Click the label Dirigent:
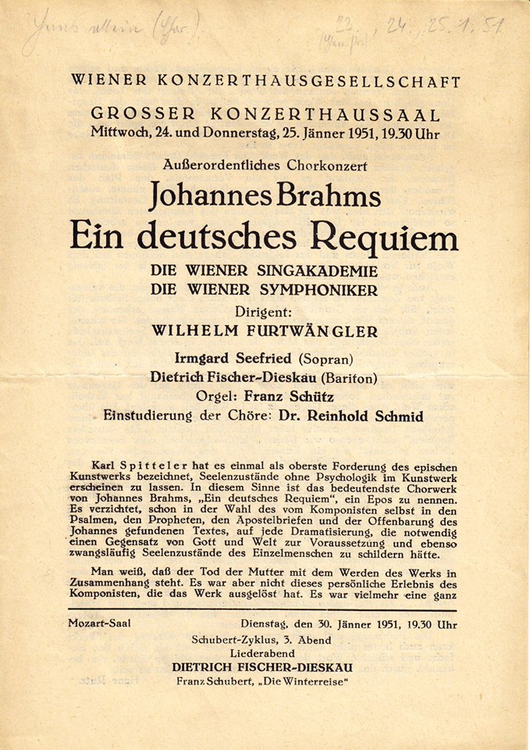tap(265, 311)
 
